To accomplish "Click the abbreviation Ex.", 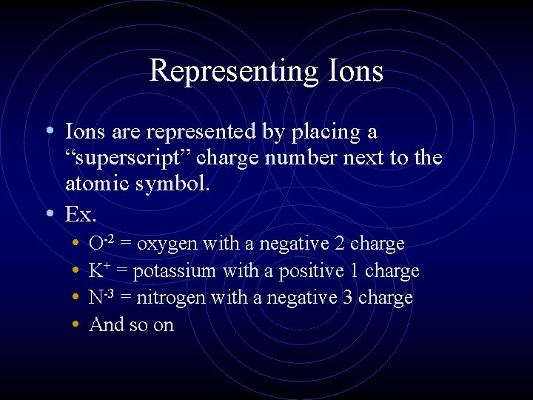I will (x=79, y=214).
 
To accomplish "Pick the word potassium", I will (x=175, y=272).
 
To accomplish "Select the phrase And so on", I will (x=131, y=324).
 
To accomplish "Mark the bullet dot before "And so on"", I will (x=77, y=324).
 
